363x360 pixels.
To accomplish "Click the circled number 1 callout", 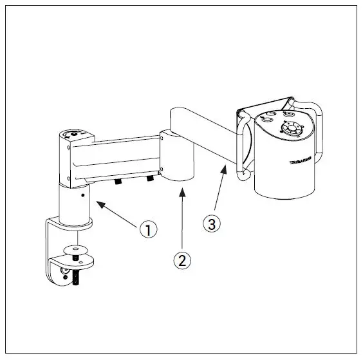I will (x=149, y=229).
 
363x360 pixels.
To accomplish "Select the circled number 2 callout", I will (x=183, y=261).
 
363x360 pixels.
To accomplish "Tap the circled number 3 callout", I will (x=213, y=223).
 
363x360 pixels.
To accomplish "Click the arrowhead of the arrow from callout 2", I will (x=183, y=188).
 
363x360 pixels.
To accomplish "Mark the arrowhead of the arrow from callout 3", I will (x=225, y=165).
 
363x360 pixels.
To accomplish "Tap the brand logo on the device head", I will (x=301, y=156).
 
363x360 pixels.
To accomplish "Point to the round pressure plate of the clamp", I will (x=75, y=248).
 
